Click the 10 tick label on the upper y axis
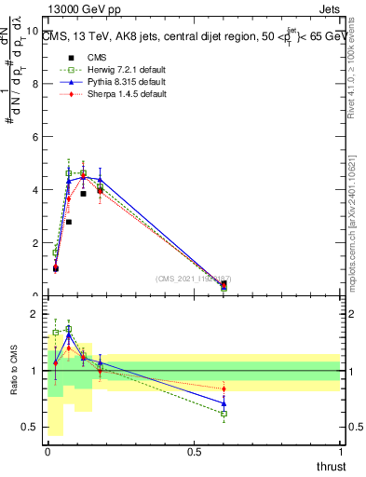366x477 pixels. pyautogui.click(x=34, y=31)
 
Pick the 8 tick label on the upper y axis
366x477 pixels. pyautogui.click(x=36, y=84)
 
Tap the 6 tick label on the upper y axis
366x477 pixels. pyautogui.click(x=36, y=137)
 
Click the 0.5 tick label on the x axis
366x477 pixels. pyautogui.click(x=194, y=452)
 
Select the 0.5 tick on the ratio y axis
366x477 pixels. pyautogui.click(x=32, y=427)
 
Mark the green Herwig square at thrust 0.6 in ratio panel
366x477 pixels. pyautogui.click(x=224, y=414)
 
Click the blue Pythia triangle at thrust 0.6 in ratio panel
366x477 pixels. pyautogui.click(x=224, y=403)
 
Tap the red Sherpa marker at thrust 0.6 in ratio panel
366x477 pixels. pyautogui.click(x=224, y=388)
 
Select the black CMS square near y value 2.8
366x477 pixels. pyautogui.click(x=69, y=222)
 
